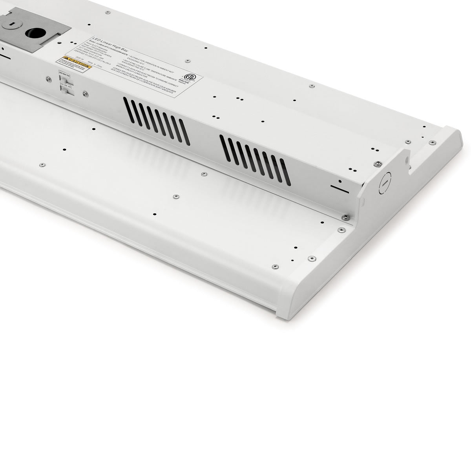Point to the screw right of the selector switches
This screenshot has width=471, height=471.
(84, 93)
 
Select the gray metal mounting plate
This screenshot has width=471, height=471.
(35, 29)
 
